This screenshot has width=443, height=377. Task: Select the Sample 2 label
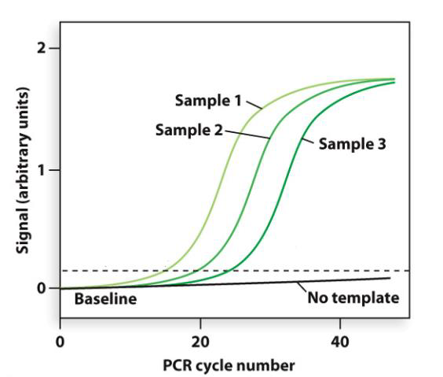click(x=189, y=129)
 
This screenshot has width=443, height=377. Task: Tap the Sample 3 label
click(x=353, y=145)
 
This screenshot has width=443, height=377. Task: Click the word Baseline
click(x=104, y=299)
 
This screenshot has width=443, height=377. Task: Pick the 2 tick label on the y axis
click(x=42, y=48)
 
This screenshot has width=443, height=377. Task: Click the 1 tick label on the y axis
click(x=42, y=169)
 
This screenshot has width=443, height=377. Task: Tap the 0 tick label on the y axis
click(x=42, y=288)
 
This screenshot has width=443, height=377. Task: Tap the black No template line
click(x=236, y=283)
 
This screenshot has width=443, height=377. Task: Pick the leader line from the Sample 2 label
click(x=247, y=134)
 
